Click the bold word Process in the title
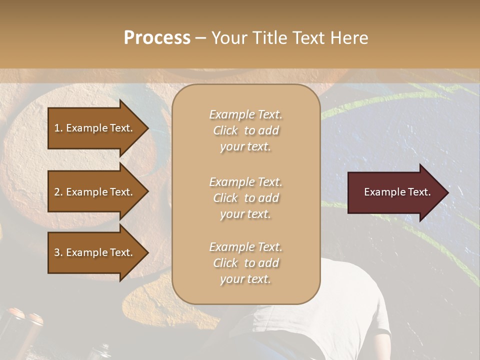coord(157,38)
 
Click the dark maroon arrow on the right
coord(395,192)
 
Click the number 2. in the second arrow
coord(58,192)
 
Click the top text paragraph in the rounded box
coord(245,130)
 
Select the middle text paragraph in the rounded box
coord(245,198)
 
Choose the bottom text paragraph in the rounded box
coord(245,263)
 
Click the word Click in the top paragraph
coord(225,130)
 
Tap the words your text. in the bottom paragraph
coord(245,279)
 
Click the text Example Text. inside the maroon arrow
coord(397,192)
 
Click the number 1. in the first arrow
coord(58,128)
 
